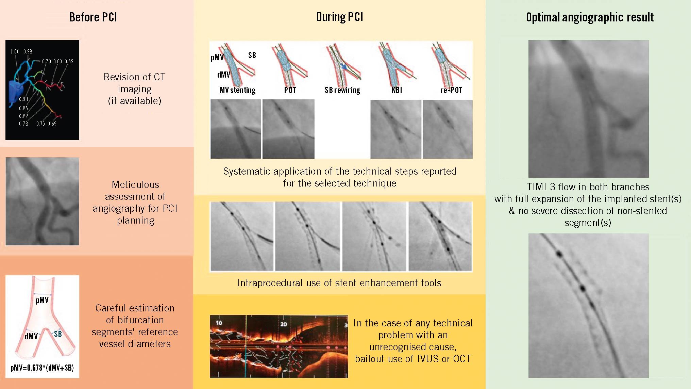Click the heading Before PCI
(93, 17)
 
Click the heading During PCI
(340, 17)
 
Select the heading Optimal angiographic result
(590, 17)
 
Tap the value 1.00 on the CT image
(15, 51)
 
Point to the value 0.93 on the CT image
(23, 99)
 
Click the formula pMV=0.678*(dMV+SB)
(42, 368)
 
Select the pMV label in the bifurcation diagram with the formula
(42, 300)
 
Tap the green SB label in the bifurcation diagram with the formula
(58, 334)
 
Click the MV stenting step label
(237, 90)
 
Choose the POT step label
(290, 90)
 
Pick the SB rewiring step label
(342, 90)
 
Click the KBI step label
(397, 90)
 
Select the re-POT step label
(451, 90)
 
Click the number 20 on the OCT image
(284, 324)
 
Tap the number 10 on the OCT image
(219, 323)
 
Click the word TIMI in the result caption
(537, 187)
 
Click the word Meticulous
(135, 184)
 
